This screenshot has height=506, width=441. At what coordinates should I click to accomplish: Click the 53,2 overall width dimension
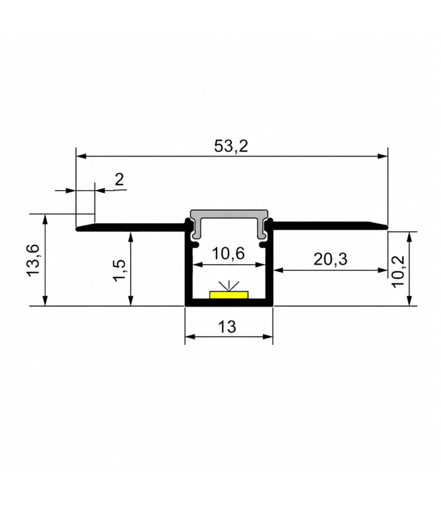231,146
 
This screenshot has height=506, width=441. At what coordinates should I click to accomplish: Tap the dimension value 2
119,179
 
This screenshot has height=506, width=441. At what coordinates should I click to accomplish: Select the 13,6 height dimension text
33,260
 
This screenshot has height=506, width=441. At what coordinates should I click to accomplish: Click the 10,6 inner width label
228,254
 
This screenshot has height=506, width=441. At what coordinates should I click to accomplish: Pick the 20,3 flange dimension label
330,259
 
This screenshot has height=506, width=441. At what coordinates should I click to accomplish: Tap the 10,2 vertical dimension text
398,270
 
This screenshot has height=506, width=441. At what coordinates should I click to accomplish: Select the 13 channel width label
227,327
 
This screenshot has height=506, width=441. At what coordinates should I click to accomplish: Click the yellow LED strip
229,295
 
